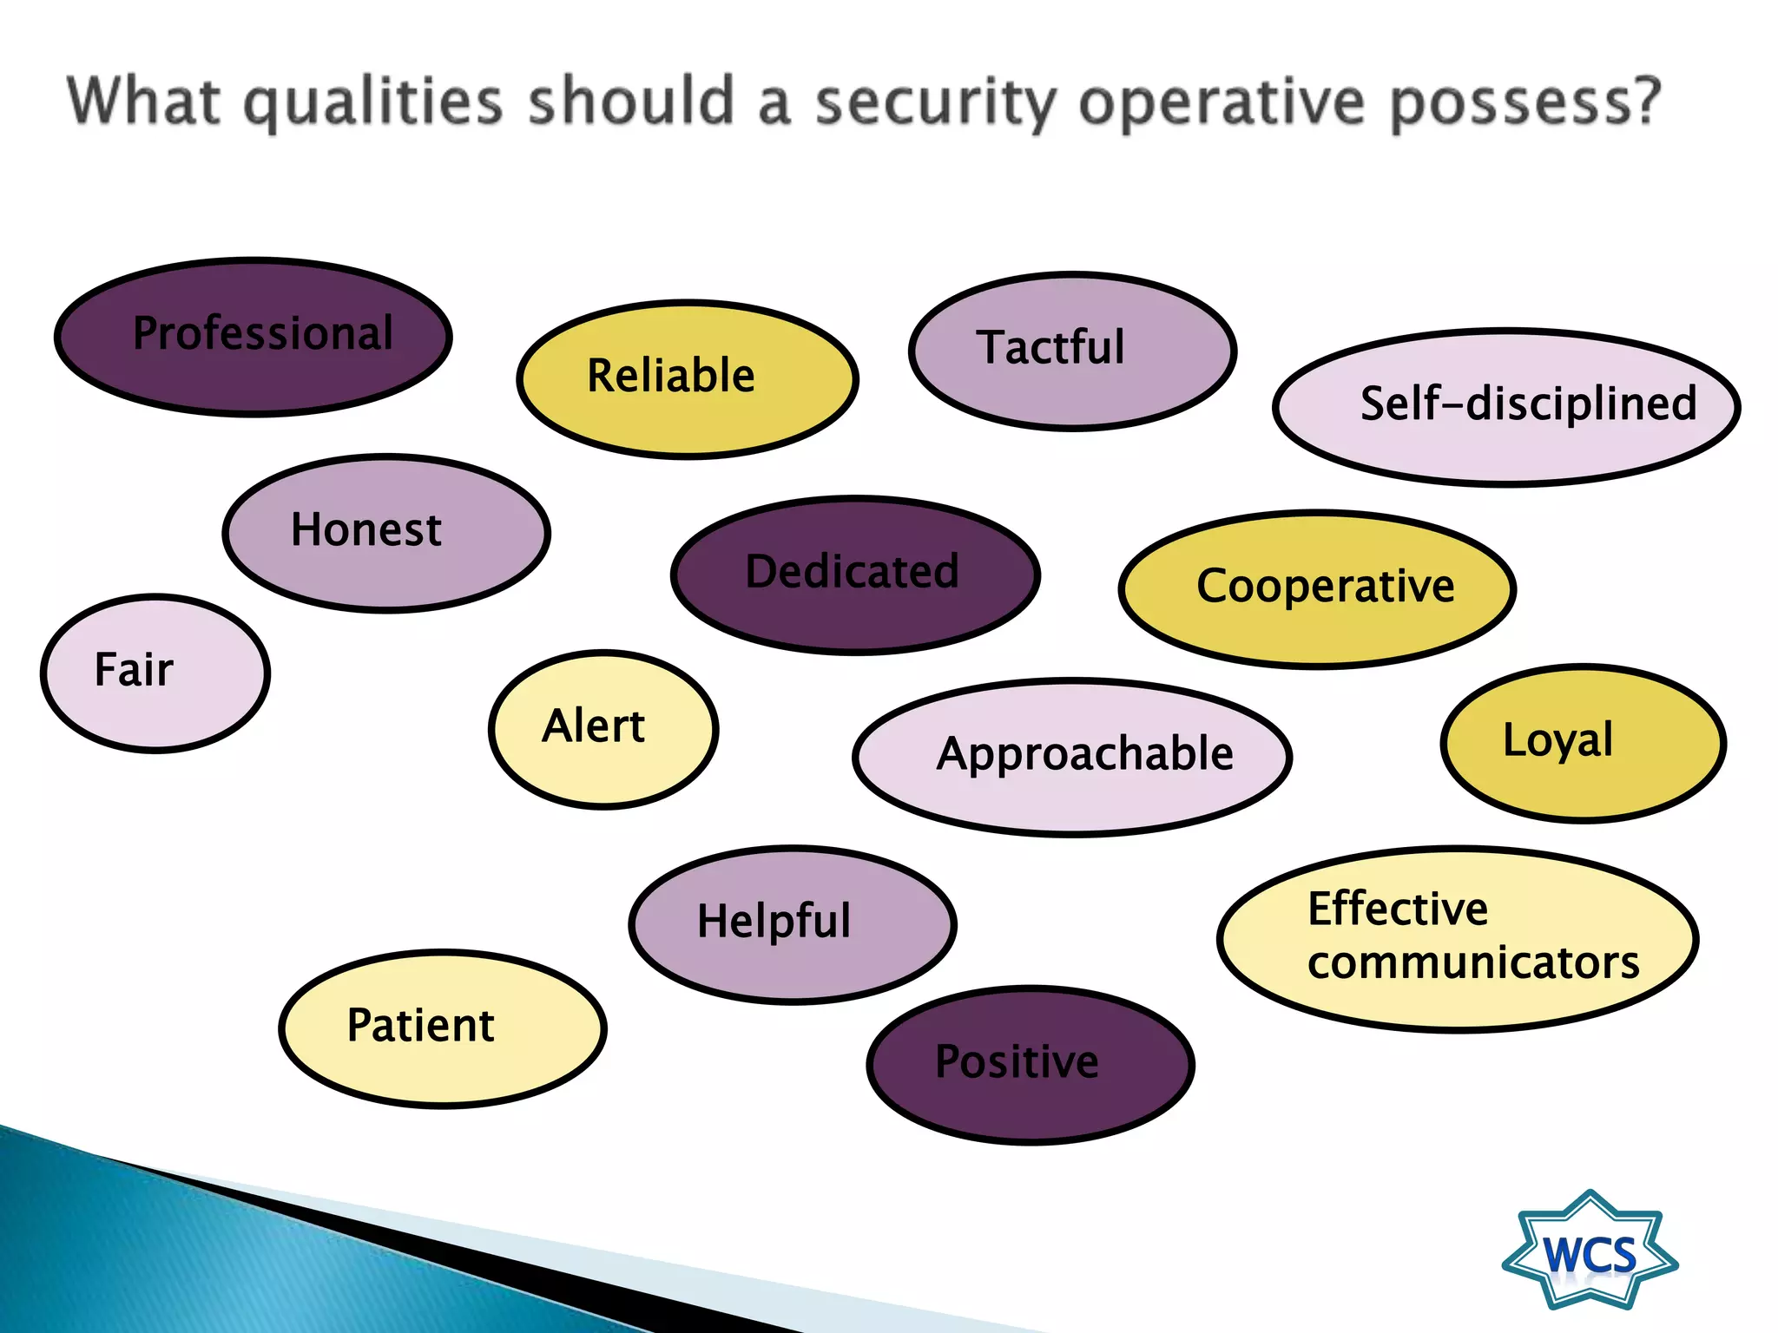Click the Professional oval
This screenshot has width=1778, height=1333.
[254, 337]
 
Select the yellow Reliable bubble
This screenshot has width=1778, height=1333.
[688, 378]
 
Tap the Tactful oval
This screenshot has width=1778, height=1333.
[1072, 351]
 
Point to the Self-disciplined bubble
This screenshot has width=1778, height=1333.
[1506, 406]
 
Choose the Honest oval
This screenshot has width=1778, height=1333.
[386, 533]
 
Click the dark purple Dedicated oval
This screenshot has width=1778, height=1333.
[855, 575]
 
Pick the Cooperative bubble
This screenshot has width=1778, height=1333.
[1317, 588]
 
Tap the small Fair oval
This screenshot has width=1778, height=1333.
[155, 673]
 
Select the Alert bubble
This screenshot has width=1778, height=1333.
[603, 729]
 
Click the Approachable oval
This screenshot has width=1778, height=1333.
[1072, 756]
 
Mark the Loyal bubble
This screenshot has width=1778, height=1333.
[1583, 743]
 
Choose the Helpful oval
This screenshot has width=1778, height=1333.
[792, 924]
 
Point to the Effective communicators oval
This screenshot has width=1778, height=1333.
[1458, 938]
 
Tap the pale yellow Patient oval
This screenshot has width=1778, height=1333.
[443, 1028]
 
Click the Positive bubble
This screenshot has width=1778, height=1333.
[1031, 1064]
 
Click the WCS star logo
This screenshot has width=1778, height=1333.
[1590, 1252]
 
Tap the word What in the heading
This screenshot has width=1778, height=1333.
[143, 102]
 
